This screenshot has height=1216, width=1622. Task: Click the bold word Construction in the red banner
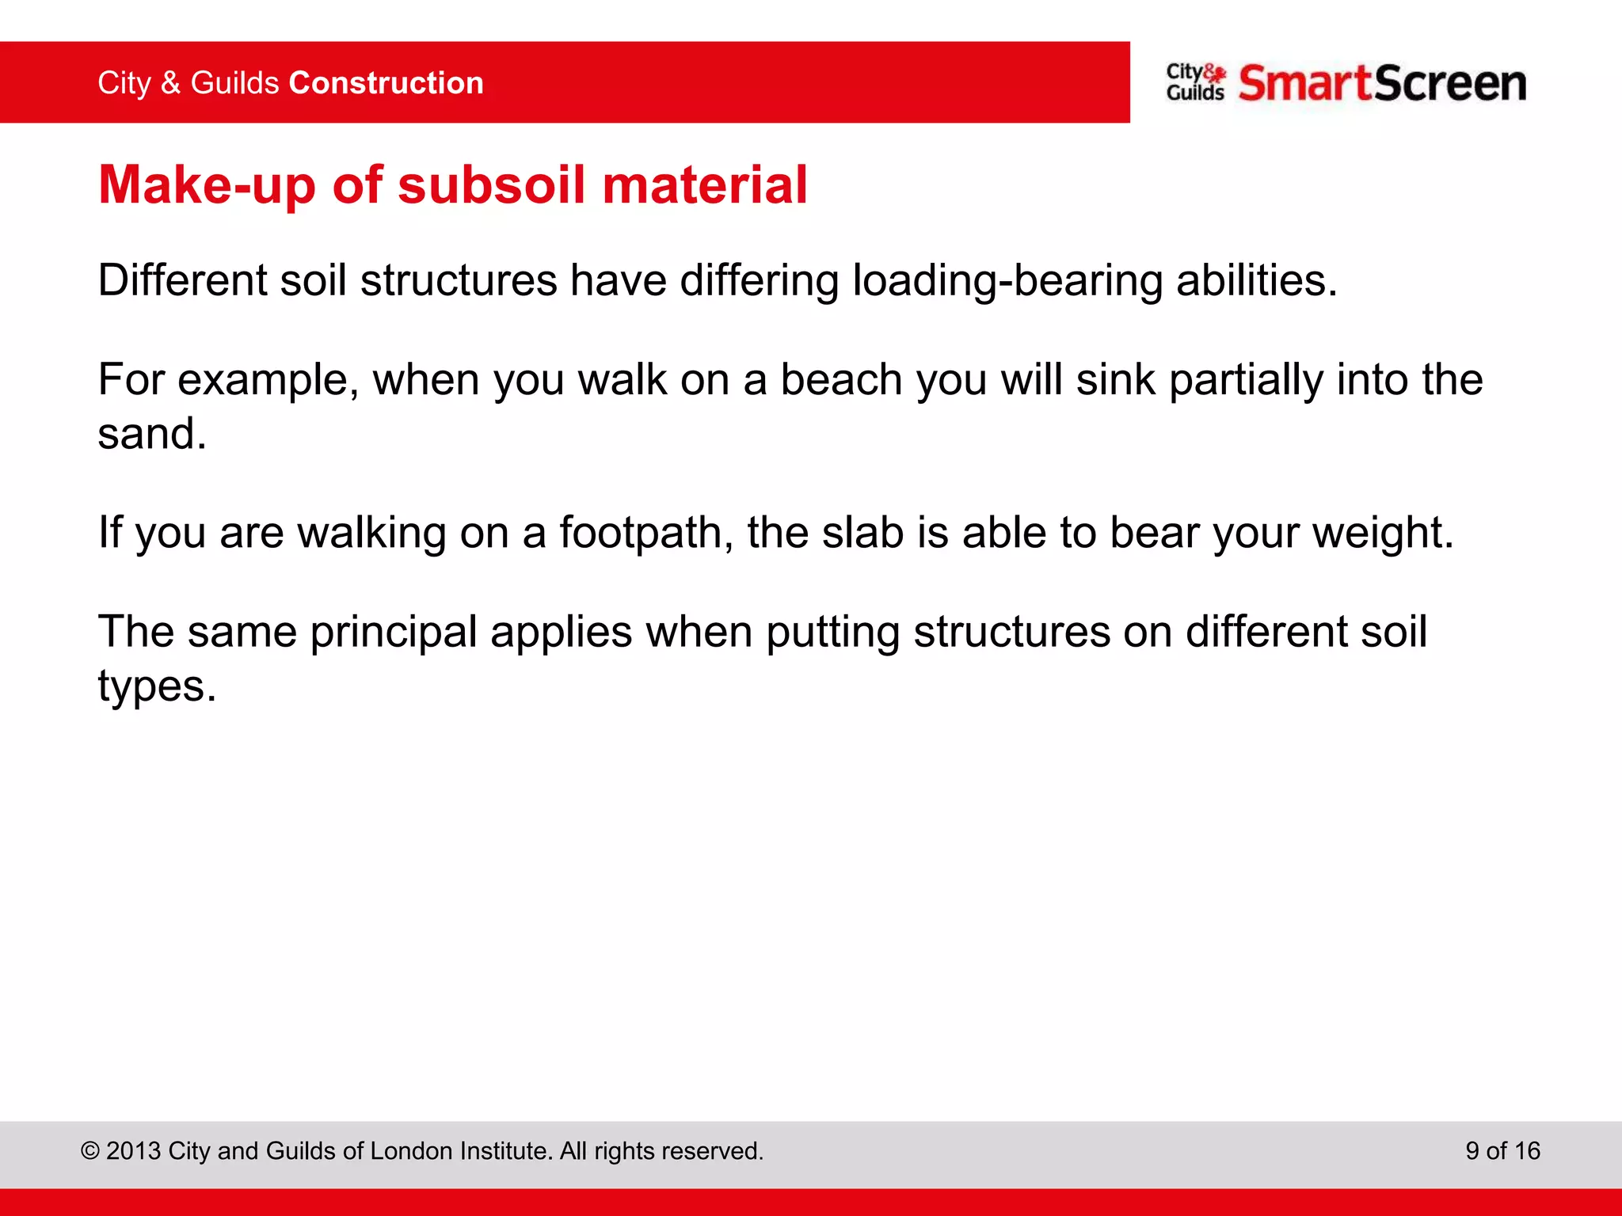click(x=386, y=83)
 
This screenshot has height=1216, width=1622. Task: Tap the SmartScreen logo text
click(x=1382, y=84)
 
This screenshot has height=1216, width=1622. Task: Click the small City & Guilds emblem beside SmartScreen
click(x=1195, y=82)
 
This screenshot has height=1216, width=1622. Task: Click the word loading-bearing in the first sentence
click(x=1007, y=281)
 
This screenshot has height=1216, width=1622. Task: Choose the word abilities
click(x=1256, y=281)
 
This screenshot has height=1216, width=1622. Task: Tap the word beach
click(x=841, y=380)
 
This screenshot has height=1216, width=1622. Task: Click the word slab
click(x=863, y=533)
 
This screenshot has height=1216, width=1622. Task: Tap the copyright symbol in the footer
click(x=90, y=1151)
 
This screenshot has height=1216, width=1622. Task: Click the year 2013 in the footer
click(x=134, y=1151)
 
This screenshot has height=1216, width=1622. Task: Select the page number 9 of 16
click(x=1502, y=1151)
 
